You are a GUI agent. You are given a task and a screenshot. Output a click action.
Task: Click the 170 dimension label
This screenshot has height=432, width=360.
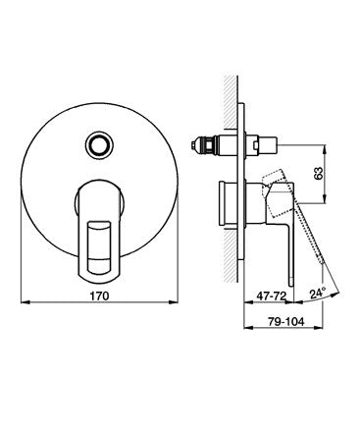pos(99,296)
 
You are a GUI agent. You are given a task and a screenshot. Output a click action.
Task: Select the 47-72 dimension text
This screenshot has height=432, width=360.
pos(272,296)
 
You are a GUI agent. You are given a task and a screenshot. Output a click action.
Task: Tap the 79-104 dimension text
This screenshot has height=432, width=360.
pos(286,321)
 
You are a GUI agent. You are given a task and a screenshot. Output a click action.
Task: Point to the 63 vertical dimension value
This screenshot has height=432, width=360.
pos(318,173)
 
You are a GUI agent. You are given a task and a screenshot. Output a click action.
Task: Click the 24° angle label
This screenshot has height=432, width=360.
pos(318,293)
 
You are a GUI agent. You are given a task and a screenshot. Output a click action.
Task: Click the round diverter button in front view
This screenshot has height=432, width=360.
pos(99,144)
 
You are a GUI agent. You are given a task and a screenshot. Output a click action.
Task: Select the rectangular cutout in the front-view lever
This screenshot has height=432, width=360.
pos(99,247)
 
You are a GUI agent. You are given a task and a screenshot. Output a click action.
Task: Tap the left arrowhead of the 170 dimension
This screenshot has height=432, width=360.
pos(24,302)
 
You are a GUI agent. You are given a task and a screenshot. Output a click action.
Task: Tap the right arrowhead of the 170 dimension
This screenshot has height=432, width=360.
pos(175,302)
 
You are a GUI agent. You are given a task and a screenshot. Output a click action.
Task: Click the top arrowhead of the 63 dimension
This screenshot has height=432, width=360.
pos(325,149)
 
